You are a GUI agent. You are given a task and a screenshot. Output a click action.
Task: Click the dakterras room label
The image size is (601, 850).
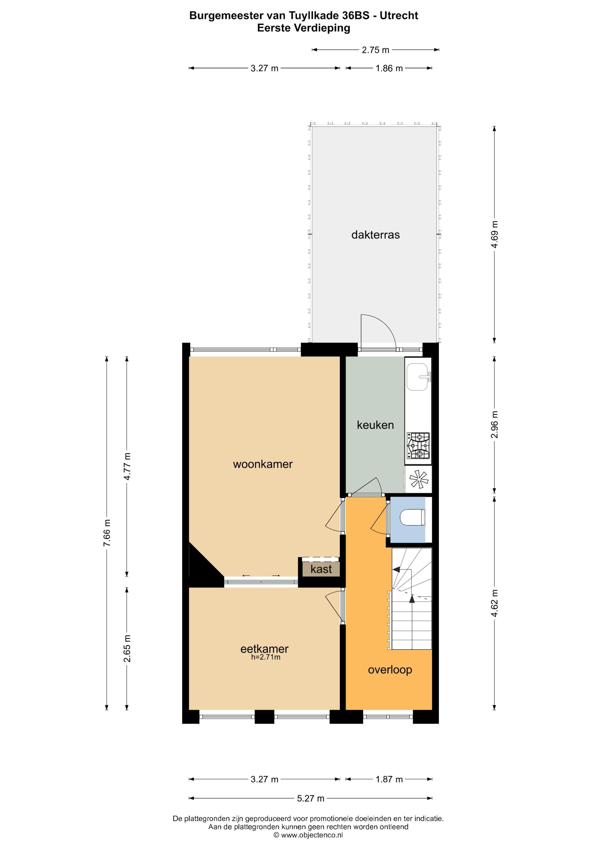pos(375,235)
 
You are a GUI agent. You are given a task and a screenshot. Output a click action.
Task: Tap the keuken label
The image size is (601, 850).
pos(375,425)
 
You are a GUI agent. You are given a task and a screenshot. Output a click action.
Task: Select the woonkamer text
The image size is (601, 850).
pos(263,464)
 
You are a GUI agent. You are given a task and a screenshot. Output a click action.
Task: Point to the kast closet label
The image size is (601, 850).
pos(321,569)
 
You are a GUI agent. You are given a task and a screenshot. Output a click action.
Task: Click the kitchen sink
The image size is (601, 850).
pos(418,377)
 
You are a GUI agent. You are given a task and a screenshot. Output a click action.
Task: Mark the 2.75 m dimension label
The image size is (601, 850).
pos(375,50)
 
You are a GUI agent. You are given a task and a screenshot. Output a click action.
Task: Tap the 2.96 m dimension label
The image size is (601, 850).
pos(495,425)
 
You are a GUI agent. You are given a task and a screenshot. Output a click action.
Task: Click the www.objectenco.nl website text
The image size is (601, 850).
pos(312,842)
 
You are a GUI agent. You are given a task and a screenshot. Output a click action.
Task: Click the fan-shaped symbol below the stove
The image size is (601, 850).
pos(419,479)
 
